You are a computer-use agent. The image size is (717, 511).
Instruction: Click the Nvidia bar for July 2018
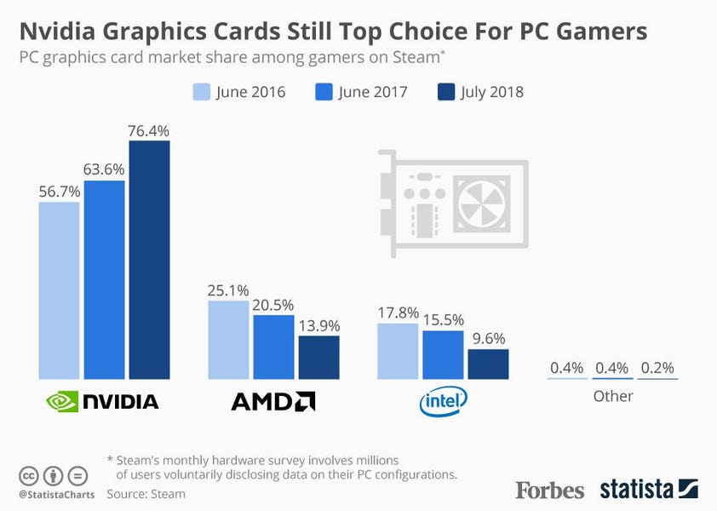pos(150,260)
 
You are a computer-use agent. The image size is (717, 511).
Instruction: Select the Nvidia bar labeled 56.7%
pos(59,290)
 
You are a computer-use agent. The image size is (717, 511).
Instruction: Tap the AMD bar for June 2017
pos(273,347)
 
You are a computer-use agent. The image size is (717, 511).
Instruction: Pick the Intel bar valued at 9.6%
pos(489,365)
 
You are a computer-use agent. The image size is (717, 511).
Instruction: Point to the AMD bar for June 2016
pos(228,340)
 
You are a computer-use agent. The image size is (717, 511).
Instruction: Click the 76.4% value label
pos(149,131)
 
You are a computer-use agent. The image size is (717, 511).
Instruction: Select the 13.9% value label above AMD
pos(319,325)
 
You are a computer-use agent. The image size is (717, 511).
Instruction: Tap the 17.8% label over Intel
pos(398,313)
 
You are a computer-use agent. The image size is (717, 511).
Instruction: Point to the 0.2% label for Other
pos(657,367)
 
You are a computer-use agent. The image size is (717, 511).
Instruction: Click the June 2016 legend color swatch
pos(202,91)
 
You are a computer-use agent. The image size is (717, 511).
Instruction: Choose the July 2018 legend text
pos(491,92)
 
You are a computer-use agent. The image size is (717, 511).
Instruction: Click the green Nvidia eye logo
pos(62,401)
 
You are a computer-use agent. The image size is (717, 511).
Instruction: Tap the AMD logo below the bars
pos(273,401)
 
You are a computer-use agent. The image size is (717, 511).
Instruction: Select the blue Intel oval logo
pos(443,401)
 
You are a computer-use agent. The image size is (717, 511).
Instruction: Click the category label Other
pos(613,396)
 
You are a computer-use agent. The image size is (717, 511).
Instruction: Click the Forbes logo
pos(549,490)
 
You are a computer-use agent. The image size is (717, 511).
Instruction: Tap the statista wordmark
pos(636,489)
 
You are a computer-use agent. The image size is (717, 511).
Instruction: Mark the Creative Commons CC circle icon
pos(28,476)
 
